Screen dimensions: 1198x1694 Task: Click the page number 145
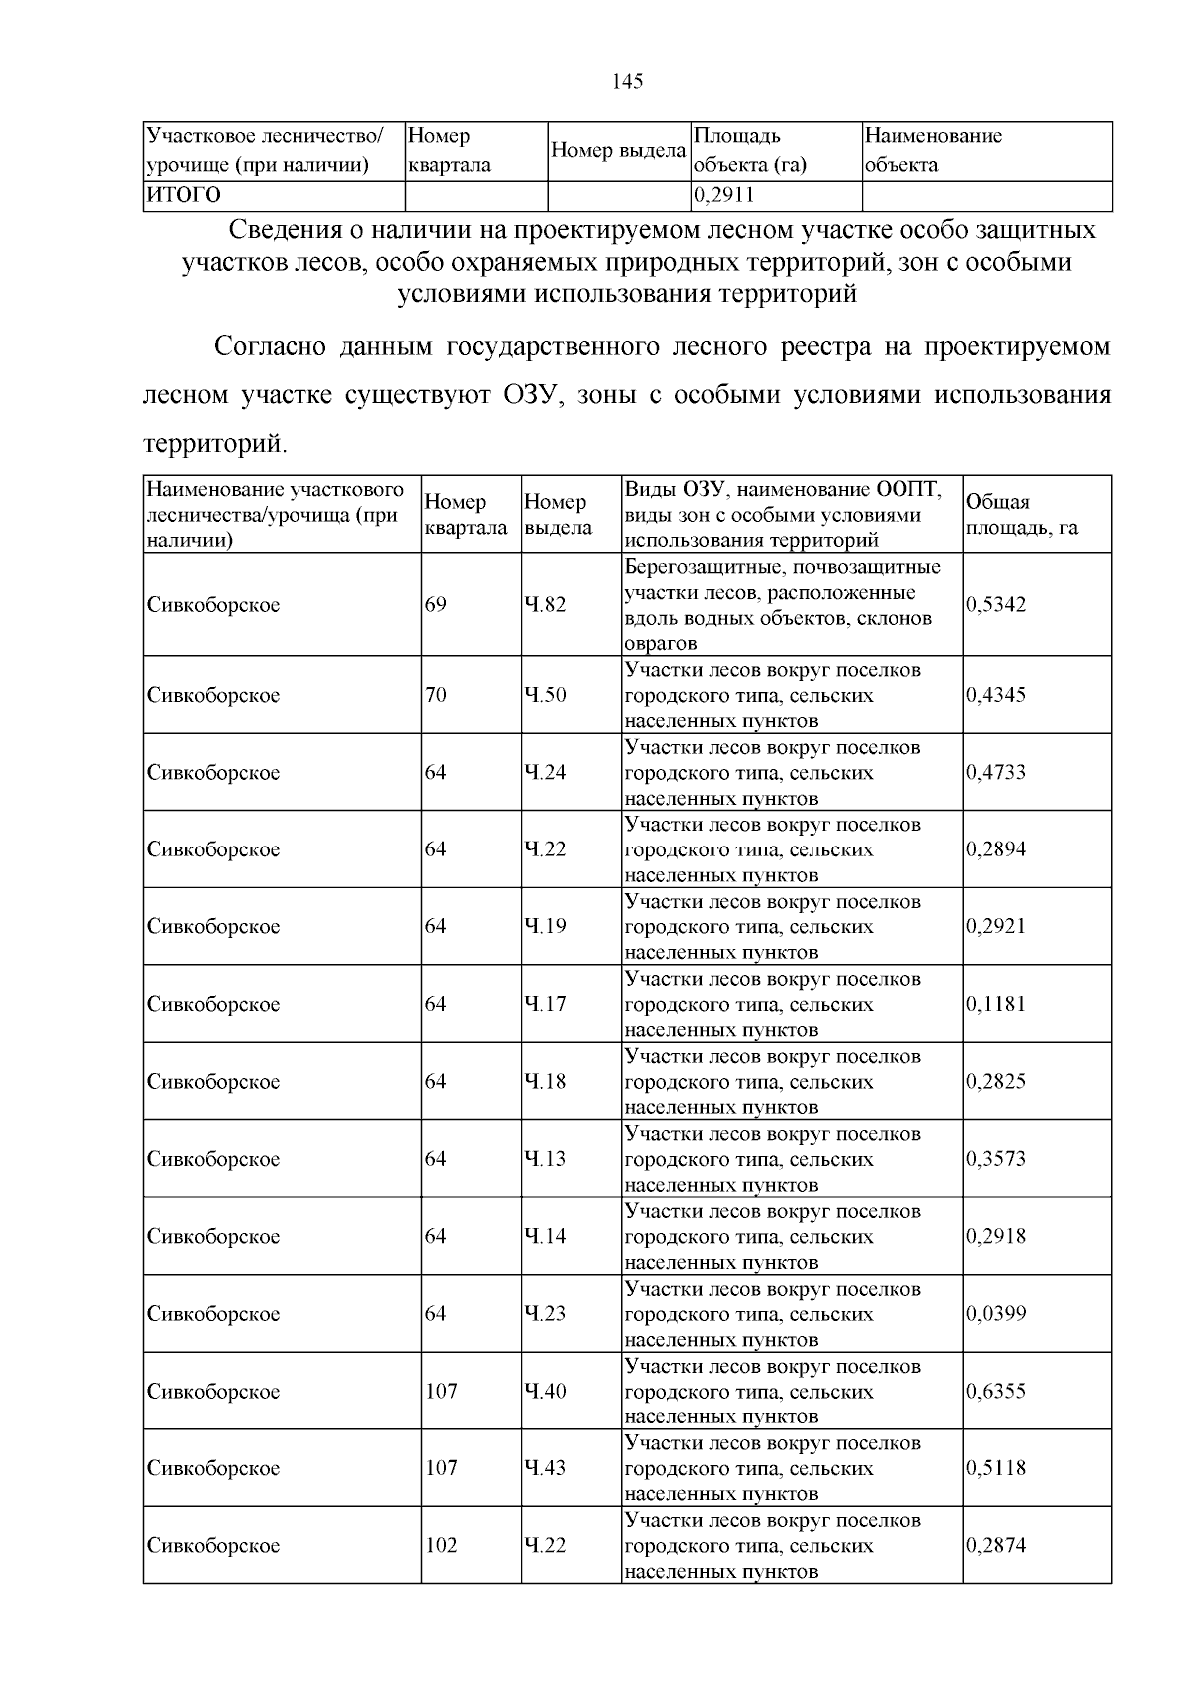628,82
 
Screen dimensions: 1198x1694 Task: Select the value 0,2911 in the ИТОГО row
724,195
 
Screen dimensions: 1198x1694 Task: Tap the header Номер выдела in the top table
618,151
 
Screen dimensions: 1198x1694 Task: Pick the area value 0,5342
996,605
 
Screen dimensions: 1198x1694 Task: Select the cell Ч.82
545,605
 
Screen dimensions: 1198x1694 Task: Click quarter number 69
436,605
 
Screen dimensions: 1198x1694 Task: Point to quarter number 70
436,695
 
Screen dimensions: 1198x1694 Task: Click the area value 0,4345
996,695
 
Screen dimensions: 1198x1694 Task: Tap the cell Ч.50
545,695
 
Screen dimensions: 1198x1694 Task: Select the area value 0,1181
996,1004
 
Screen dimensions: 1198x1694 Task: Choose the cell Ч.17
545,1004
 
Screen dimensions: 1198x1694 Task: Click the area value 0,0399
996,1314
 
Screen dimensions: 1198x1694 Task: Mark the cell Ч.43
545,1468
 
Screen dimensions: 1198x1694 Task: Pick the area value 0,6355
996,1392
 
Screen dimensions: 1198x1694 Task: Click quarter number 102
441,1546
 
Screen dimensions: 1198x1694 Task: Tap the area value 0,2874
996,1546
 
